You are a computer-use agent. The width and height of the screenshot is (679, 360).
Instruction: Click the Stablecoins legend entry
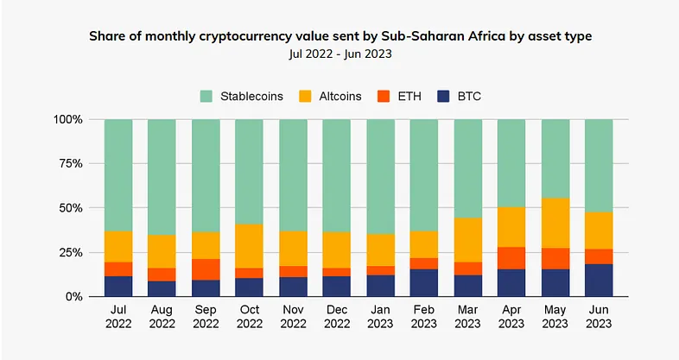[244, 95]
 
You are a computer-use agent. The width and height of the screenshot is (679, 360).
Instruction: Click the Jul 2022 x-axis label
[118, 317]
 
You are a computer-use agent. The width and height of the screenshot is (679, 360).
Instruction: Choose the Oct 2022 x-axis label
[250, 317]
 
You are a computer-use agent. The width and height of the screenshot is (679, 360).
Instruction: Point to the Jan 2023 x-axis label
[380, 317]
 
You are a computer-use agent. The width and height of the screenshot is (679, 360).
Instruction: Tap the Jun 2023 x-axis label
[599, 317]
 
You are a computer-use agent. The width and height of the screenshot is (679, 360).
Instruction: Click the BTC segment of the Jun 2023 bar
[599, 280]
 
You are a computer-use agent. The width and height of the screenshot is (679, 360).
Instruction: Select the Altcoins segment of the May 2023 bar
[555, 223]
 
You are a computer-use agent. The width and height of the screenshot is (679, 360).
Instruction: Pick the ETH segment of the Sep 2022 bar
[206, 269]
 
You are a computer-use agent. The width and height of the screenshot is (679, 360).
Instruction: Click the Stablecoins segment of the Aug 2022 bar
[162, 177]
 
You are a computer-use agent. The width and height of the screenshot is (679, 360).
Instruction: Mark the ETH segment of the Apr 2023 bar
[511, 258]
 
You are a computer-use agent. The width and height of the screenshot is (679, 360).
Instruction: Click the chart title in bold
[339, 37]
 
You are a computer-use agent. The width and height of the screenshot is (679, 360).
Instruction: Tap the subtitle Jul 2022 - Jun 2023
[339, 55]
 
